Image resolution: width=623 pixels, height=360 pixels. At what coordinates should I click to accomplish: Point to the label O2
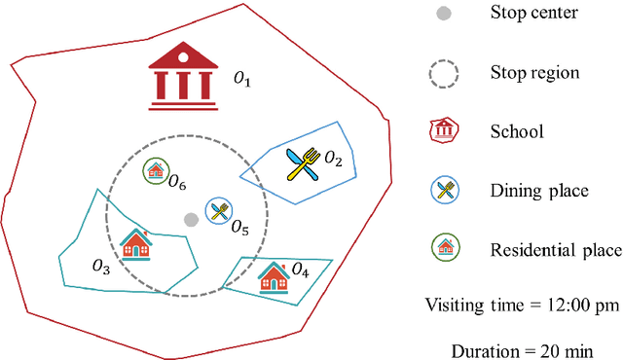click(333, 157)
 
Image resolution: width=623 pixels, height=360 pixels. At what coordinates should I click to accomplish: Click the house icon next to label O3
click(136, 243)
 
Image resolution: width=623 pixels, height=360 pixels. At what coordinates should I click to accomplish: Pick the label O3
click(100, 265)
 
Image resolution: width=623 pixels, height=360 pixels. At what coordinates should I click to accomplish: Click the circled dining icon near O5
click(219, 211)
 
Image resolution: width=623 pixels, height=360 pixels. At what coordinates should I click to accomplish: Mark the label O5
click(239, 229)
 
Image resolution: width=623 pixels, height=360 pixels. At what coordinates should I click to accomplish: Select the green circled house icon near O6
click(155, 172)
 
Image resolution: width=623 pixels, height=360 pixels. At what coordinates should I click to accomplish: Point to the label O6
click(177, 181)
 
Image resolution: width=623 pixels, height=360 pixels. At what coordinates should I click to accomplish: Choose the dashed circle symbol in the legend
click(445, 72)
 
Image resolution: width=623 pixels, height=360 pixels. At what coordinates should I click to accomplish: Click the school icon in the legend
click(445, 131)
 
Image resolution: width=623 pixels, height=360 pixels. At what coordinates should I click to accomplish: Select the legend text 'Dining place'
click(539, 191)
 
